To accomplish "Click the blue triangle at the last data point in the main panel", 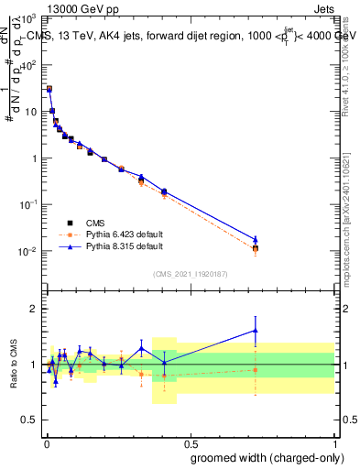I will pyautogui.click(x=256, y=239).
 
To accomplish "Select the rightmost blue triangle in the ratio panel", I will pyautogui.click(x=256, y=330).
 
